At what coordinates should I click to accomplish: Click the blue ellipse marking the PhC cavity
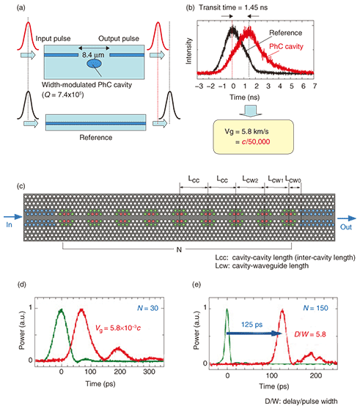click(94, 64)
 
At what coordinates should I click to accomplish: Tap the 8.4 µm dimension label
click(93, 55)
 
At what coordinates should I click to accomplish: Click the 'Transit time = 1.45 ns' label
click(233, 7)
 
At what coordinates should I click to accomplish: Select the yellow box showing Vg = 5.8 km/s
click(253, 137)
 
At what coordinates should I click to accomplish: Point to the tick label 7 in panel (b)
click(315, 86)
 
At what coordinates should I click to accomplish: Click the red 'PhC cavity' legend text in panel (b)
click(286, 46)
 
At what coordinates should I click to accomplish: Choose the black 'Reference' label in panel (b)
click(286, 33)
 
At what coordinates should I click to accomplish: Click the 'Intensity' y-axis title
click(188, 51)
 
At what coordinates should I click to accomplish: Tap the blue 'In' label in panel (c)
click(9, 224)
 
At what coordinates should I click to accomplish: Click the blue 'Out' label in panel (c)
click(346, 227)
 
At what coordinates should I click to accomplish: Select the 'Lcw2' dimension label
click(250, 180)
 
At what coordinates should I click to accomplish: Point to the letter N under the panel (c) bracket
click(179, 250)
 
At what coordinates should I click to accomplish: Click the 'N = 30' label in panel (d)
click(147, 308)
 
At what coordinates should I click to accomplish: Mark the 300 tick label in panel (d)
click(149, 372)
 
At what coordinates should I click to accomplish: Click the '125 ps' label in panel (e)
click(251, 325)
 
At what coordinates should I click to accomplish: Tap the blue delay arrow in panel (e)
click(254, 334)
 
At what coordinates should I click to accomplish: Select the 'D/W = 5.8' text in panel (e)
click(310, 334)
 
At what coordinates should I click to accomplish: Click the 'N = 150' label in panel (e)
click(315, 308)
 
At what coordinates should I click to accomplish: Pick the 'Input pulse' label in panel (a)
click(53, 39)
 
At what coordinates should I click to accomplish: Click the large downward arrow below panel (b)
click(250, 111)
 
